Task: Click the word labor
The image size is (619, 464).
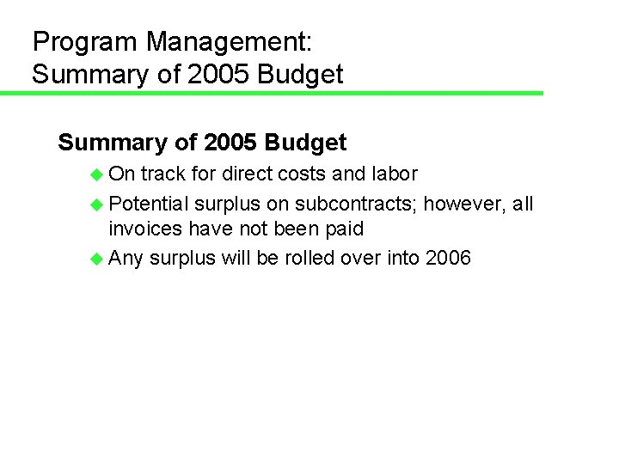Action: pos(395,174)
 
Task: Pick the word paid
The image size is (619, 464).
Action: pos(343,230)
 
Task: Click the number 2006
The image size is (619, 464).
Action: pos(448,258)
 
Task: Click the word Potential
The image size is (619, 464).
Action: pos(148,205)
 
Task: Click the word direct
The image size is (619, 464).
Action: pos(246,174)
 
